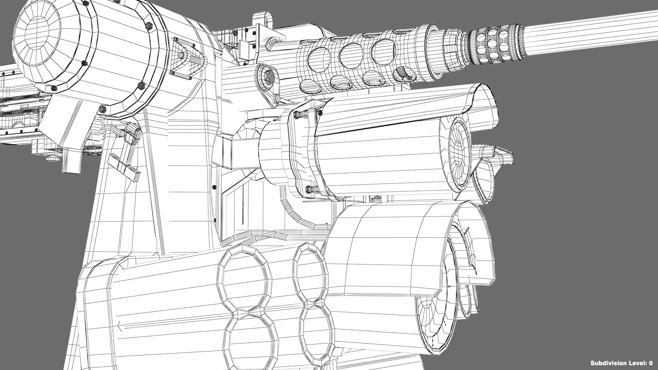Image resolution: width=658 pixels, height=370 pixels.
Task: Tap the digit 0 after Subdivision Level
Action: (x=650, y=363)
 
